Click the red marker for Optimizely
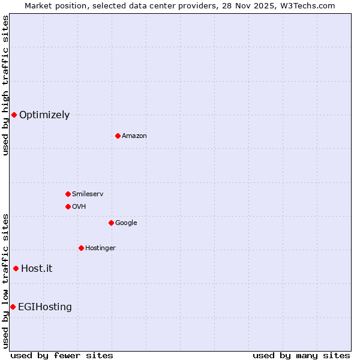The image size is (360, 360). (14, 115)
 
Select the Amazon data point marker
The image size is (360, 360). (118, 136)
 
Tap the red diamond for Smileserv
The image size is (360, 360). (68, 194)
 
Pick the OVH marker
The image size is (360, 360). (68, 206)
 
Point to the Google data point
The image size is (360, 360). (111, 223)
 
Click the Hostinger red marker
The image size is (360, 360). (81, 248)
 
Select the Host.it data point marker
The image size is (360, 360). (16, 268)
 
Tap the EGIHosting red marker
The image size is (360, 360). (13, 307)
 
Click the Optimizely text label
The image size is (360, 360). (44, 115)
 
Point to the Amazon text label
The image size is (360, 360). (134, 136)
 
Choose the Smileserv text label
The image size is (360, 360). (88, 194)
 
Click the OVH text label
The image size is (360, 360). (79, 207)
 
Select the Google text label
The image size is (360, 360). (126, 223)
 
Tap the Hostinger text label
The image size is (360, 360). (100, 248)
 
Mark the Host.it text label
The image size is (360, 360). (37, 269)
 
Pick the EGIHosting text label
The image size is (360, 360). (45, 307)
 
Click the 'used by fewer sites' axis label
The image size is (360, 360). (62, 355)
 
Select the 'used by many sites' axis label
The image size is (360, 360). (301, 355)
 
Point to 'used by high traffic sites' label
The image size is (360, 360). (5, 85)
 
